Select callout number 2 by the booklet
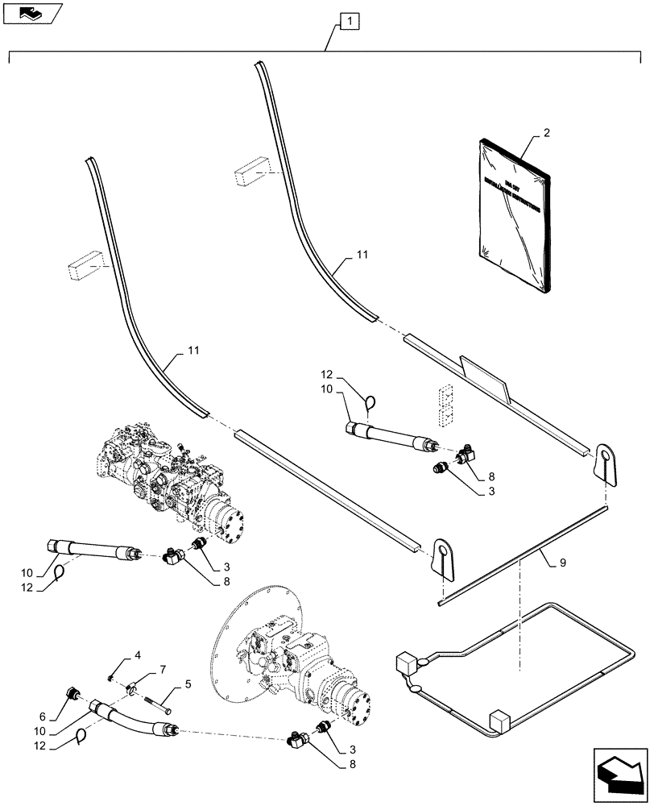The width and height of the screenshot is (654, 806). tap(547, 132)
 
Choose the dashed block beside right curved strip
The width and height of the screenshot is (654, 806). tap(251, 172)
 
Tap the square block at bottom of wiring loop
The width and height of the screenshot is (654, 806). tap(499, 720)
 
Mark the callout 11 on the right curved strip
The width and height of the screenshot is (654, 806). tap(361, 255)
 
